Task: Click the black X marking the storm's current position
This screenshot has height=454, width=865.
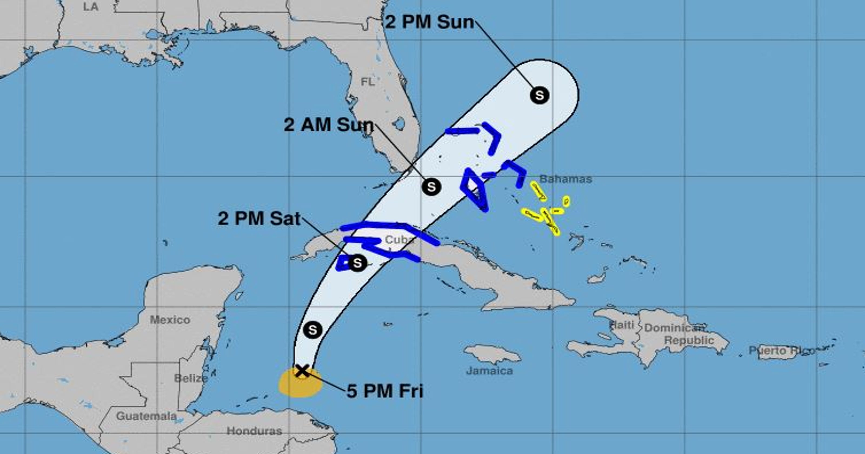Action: point(302,371)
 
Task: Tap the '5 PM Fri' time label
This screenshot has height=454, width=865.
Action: point(385,391)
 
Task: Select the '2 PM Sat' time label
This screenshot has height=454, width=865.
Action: point(259,219)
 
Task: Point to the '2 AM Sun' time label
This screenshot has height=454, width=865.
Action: point(329,125)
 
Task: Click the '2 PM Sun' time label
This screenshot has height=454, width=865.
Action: point(429,22)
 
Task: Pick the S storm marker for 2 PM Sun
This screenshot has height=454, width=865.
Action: point(539,95)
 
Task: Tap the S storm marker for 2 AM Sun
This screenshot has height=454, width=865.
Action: point(431,186)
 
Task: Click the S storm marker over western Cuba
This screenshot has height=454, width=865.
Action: point(358,263)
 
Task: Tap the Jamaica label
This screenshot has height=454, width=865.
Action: point(489,371)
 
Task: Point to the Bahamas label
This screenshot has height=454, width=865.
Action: point(566,179)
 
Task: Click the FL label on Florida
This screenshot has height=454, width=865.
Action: point(367,82)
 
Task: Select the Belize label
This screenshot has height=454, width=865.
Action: point(191,378)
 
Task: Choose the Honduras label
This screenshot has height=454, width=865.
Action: point(254,431)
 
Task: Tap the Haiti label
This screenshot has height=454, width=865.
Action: point(621,325)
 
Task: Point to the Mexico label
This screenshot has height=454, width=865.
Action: point(169,319)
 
